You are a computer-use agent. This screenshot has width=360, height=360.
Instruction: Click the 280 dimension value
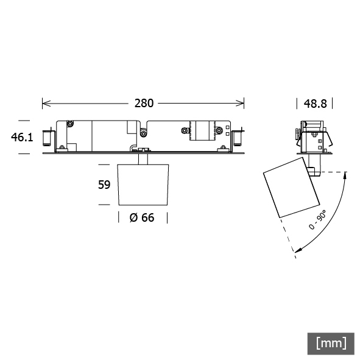coord(144,104)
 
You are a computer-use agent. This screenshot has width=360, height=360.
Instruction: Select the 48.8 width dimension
coord(315,104)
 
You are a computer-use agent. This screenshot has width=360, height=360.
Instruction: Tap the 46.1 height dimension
coord(22,137)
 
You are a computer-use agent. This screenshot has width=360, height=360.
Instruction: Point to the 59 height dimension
coord(104,185)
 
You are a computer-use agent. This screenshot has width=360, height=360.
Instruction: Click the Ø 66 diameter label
coord(142,217)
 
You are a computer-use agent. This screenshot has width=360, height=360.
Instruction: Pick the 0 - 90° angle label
coord(317,219)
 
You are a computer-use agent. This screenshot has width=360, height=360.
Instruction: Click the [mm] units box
coord(331,344)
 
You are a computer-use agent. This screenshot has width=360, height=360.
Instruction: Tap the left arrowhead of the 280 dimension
coord(46,104)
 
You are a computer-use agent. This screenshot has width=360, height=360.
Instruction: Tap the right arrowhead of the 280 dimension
coord(240,104)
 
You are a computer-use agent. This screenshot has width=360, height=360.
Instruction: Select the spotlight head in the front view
coord(143,185)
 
